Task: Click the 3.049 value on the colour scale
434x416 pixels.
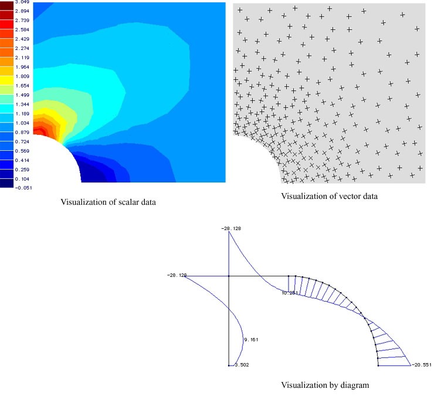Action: coord(22,2)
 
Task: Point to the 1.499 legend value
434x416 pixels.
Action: coord(22,95)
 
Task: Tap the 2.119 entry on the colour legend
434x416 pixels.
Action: coord(22,58)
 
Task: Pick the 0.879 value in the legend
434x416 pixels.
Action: coord(22,132)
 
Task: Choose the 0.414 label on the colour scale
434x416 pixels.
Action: coord(22,160)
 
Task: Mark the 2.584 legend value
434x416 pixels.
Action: coord(22,30)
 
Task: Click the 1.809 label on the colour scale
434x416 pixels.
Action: coord(22,76)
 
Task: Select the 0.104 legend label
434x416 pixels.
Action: coord(22,178)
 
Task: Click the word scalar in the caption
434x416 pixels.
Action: coord(121,202)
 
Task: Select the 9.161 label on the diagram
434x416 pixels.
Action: coord(251,339)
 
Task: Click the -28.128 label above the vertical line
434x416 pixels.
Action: coord(228,228)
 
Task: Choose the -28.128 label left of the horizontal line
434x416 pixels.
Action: coord(176,275)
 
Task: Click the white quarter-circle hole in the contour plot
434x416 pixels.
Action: coord(50,161)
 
